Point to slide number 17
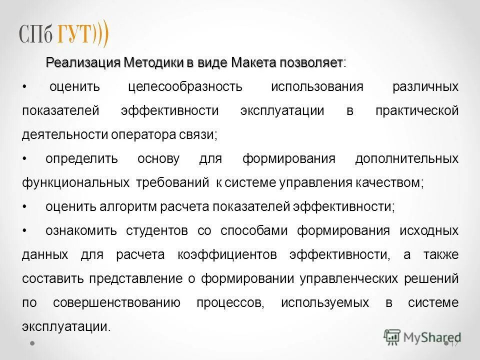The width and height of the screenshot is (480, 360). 454,344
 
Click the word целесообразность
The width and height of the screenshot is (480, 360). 185,86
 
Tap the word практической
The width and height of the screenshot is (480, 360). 416,110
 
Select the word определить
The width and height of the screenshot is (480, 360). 81,158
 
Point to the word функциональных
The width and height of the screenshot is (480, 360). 75,182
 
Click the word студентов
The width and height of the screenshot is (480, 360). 156,230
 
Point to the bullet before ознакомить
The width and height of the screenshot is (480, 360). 24,230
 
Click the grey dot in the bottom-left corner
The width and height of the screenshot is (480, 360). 32,344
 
